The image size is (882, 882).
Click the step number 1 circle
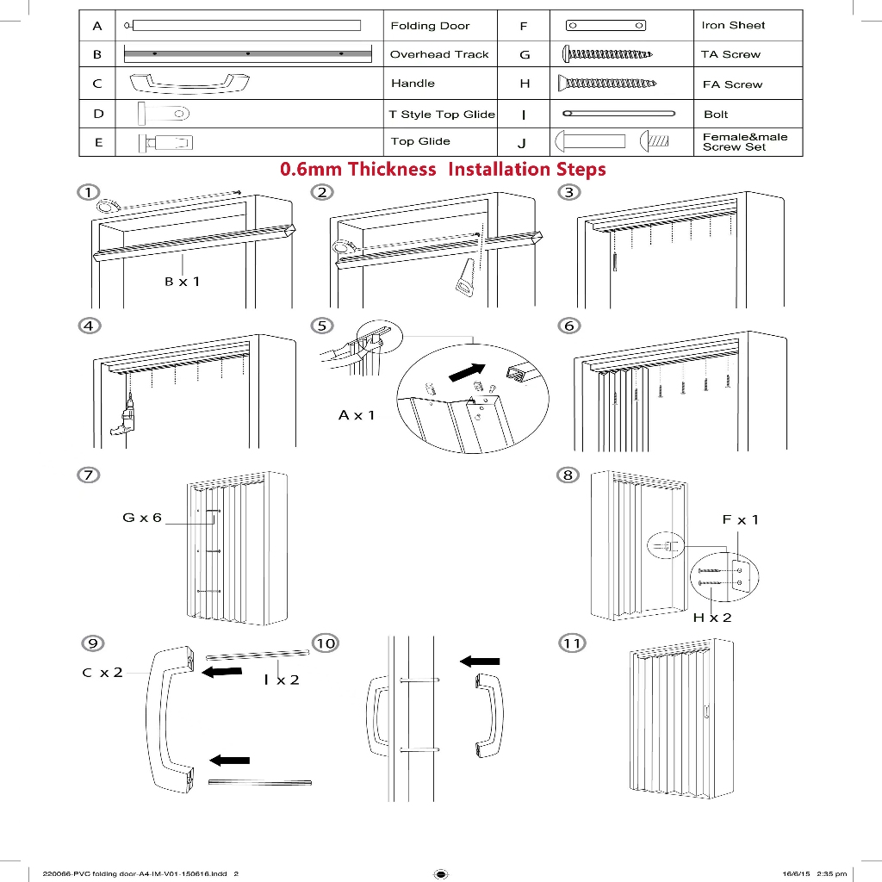pyautogui.click(x=86, y=191)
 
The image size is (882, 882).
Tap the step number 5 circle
pyautogui.click(x=322, y=326)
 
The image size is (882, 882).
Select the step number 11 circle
pyautogui.click(x=572, y=643)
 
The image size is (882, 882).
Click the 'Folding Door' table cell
pyautogui.click(x=430, y=26)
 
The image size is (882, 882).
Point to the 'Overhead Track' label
pyautogui.click(x=439, y=54)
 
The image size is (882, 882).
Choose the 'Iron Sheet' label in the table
pyautogui.click(x=733, y=25)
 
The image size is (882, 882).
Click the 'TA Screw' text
pyautogui.click(x=730, y=54)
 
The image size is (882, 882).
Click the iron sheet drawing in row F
pyautogui.click(x=606, y=26)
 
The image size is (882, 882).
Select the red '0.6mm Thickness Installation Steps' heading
pyautogui.click(x=443, y=169)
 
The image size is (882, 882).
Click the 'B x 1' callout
pyautogui.click(x=183, y=281)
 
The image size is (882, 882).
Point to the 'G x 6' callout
pyautogui.click(x=142, y=518)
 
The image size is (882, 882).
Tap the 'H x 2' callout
pyautogui.click(x=712, y=618)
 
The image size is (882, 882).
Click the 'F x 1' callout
pyautogui.click(x=740, y=519)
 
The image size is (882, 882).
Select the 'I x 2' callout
pyautogui.click(x=282, y=680)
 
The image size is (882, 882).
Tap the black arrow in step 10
pyautogui.click(x=480, y=661)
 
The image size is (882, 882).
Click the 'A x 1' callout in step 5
pyautogui.click(x=357, y=415)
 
